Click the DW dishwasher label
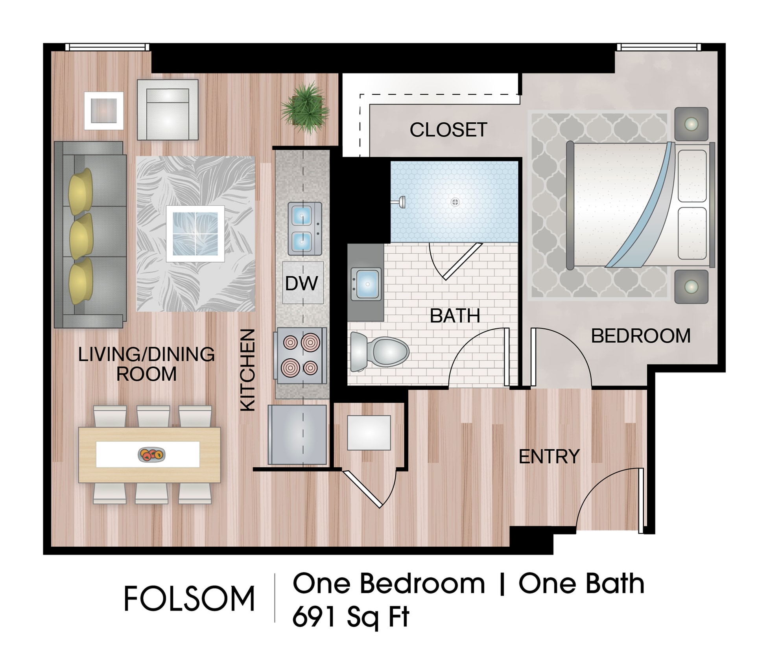(x=302, y=283)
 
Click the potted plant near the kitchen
(x=305, y=108)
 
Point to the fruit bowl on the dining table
(x=151, y=455)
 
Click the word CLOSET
(x=448, y=130)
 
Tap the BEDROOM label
(x=640, y=336)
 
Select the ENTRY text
(x=549, y=457)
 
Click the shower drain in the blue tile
(x=455, y=202)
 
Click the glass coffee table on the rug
(x=195, y=234)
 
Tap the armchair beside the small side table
(x=168, y=110)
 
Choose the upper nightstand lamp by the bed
(x=691, y=124)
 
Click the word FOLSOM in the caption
(x=189, y=599)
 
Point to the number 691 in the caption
(x=315, y=617)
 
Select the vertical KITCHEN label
(x=248, y=370)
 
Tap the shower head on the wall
(x=400, y=203)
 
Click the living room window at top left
(x=107, y=47)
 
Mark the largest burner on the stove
(x=310, y=342)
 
